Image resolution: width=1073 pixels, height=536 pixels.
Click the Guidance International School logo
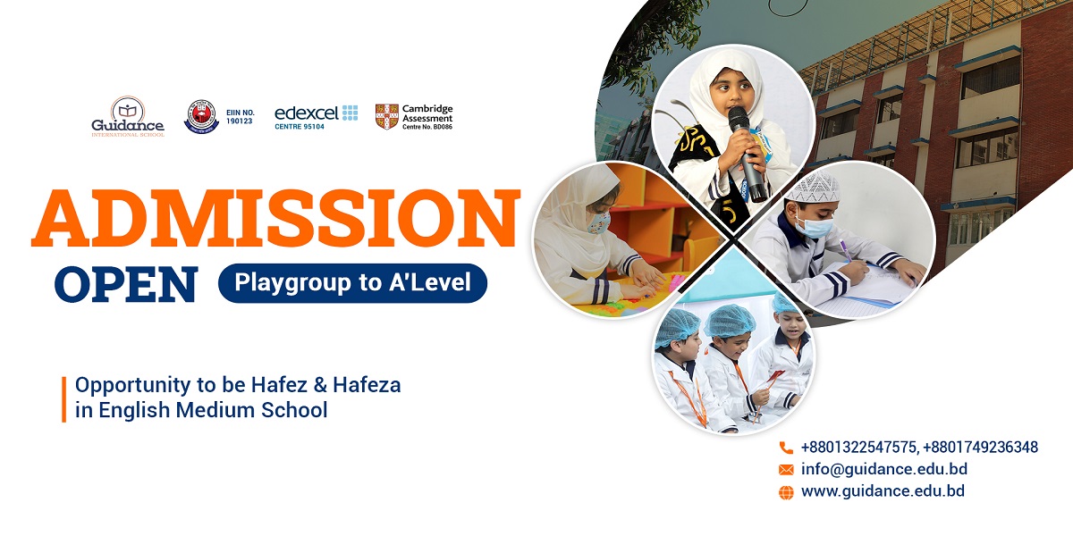click(x=128, y=116)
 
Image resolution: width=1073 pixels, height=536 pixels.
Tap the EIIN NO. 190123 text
click(x=240, y=117)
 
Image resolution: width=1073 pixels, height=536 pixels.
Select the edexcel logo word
click(x=307, y=113)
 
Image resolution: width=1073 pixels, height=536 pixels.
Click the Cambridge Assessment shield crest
click(x=386, y=117)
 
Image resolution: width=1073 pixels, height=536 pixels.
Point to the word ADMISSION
click(x=276, y=218)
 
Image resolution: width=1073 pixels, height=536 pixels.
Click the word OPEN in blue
click(x=126, y=284)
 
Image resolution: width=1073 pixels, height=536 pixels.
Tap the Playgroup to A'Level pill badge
click(x=352, y=283)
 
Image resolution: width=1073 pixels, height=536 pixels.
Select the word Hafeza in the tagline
click(x=367, y=385)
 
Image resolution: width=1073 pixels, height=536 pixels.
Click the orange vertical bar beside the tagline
click(x=63, y=399)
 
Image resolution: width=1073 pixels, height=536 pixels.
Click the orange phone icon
click(x=786, y=448)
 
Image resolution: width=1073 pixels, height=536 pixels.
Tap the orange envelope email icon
click(x=786, y=470)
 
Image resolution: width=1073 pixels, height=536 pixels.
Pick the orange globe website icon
click(x=786, y=492)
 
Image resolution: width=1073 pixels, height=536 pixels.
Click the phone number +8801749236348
click(x=981, y=448)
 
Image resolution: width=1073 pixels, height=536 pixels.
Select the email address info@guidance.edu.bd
click(x=884, y=469)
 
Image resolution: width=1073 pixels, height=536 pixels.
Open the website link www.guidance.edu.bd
click(x=883, y=491)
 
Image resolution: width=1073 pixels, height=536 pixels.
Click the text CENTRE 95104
click(x=300, y=127)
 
